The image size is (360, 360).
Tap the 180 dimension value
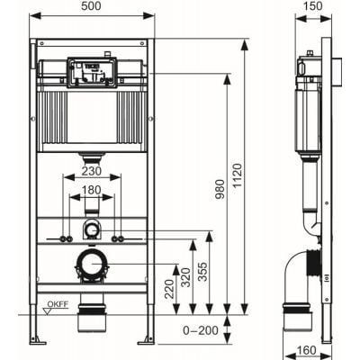pyautogui.click(x=91, y=191)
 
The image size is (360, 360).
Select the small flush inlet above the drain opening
pyautogui.click(x=91, y=230)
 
